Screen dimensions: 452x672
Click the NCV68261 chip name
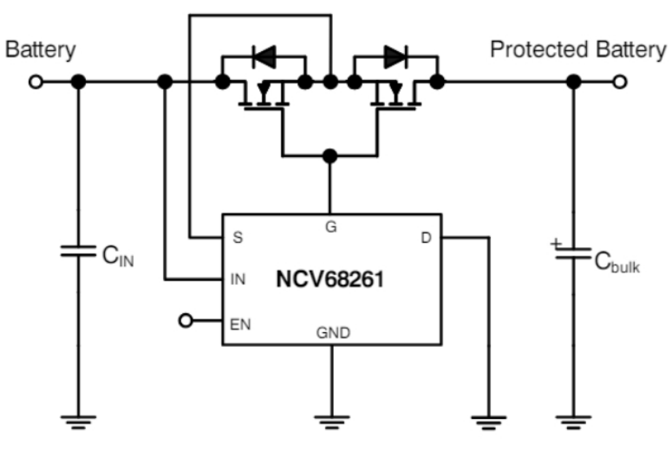(x=330, y=279)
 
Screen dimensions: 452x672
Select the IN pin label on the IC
(x=238, y=279)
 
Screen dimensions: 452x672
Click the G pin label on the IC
(x=329, y=227)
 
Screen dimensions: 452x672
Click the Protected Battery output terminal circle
(x=619, y=82)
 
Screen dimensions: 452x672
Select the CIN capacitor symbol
(x=78, y=253)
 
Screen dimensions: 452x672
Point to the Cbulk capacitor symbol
(x=572, y=253)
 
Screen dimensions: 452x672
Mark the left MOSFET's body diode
(x=264, y=57)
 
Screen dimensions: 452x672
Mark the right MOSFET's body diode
(x=396, y=57)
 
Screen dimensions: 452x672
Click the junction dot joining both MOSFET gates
(x=329, y=156)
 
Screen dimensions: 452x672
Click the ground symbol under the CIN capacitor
(x=78, y=423)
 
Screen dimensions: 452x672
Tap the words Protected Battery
(x=577, y=49)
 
